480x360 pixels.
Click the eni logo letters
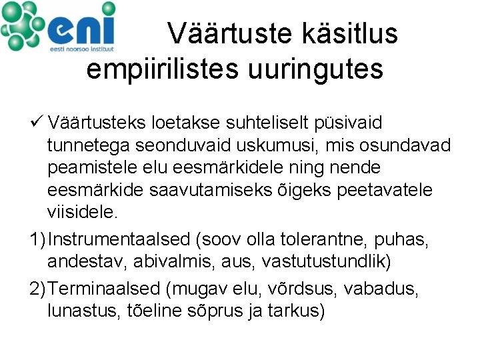coord(83,27)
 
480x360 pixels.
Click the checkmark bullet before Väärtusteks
coord(37,123)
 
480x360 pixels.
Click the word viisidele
coord(82,213)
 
